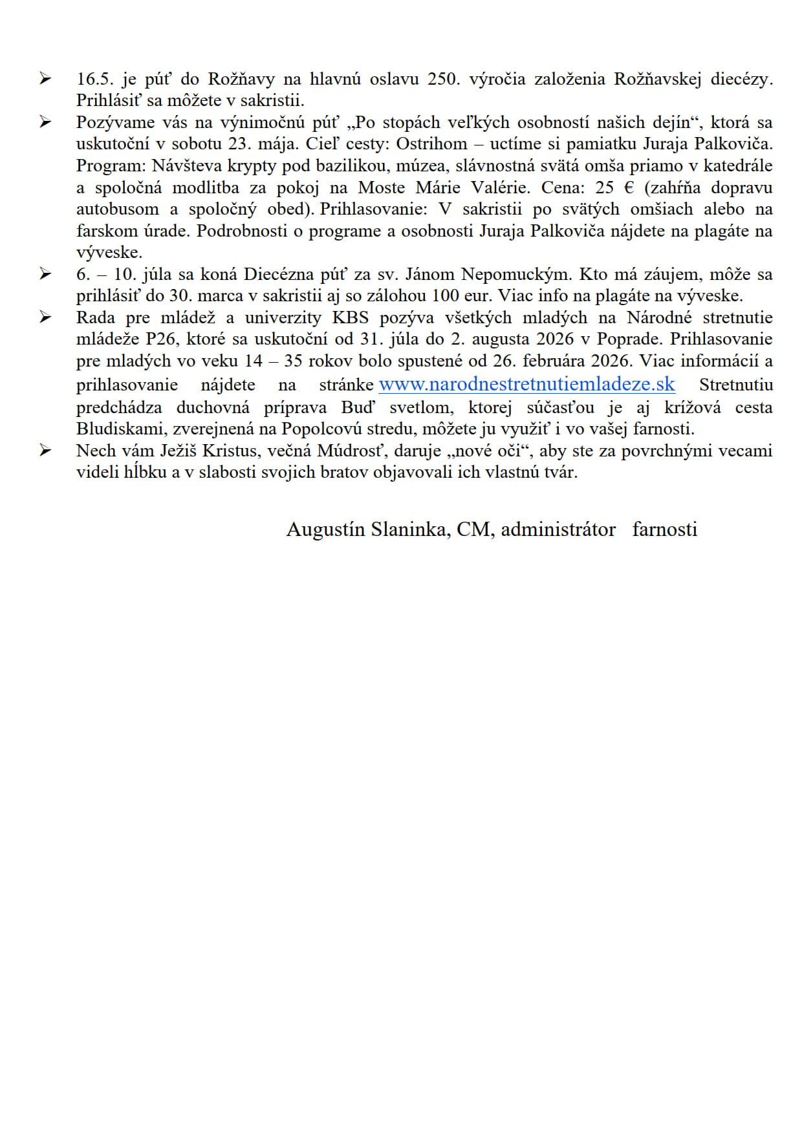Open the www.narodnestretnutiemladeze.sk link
[x=526, y=384]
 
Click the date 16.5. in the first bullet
[x=94, y=79]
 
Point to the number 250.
[x=444, y=79]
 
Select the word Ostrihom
[x=431, y=144]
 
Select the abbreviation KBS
[x=351, y=317]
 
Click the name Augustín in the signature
[x=325, y=530]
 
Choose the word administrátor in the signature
[x=558, y=530]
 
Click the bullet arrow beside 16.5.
[x=45, y=79]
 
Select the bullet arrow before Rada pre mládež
[x=45, y=317]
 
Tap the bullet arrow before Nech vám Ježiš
[x=45, y=451]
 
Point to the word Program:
[x=111, y=166]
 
